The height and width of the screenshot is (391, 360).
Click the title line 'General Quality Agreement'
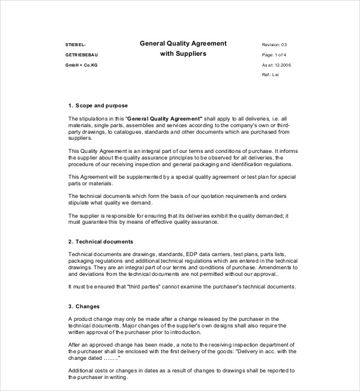(183, 43)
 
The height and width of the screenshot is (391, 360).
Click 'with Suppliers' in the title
(183, 54)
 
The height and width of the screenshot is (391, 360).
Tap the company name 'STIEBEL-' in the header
(75, 45)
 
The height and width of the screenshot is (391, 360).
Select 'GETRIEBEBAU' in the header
(80, 55)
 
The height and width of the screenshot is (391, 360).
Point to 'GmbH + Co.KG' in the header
(81, 65)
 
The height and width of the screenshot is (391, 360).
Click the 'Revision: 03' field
(275, 45)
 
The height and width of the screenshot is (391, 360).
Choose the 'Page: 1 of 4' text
(275, 55)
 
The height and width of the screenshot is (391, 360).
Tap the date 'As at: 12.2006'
(277, 65)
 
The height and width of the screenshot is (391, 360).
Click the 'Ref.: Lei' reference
(271, 74)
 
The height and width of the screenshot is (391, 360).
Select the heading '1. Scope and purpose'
(98, 105)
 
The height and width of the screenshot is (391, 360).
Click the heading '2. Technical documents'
(101, 241)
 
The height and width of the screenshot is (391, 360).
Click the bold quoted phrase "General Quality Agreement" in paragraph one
(164, 119)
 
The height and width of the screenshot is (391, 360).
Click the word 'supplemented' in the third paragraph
(136, 177)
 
